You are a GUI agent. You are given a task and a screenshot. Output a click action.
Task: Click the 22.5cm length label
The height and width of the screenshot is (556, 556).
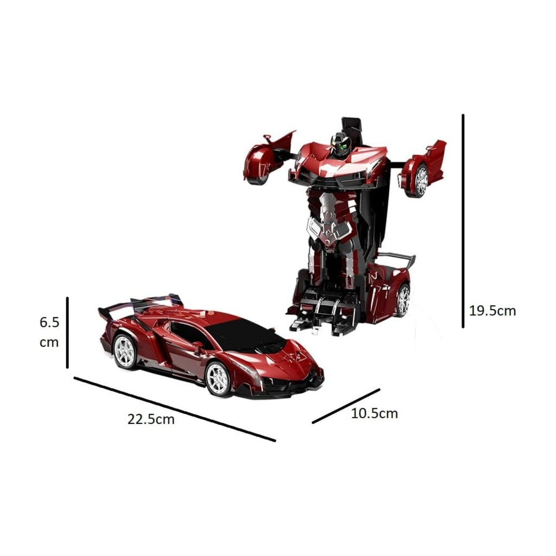[151, 419]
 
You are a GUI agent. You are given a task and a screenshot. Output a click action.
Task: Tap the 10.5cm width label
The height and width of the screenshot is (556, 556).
[374, 413]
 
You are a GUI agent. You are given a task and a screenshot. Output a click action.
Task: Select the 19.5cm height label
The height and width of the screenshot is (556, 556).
[492, 311]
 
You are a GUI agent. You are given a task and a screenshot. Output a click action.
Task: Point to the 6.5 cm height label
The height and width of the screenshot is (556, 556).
[49, 332]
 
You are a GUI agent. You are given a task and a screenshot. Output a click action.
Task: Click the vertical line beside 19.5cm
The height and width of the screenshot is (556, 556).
[463, 221]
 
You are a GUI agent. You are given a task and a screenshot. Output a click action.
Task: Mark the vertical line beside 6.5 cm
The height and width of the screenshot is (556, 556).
[67, 332]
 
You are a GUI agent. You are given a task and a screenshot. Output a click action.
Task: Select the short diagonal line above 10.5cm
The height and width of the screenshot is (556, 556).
[346, 406]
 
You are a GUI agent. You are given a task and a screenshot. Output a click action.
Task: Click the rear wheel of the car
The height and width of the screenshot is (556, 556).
[124, 351]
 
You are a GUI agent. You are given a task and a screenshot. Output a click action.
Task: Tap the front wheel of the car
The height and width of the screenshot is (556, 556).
[218, 378]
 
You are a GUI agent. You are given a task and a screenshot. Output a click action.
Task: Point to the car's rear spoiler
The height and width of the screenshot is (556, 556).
[140, 305]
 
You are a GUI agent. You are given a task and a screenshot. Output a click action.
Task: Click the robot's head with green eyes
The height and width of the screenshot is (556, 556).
[341, 144]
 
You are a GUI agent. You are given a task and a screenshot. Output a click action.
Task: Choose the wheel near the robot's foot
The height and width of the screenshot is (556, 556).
[402, 300]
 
